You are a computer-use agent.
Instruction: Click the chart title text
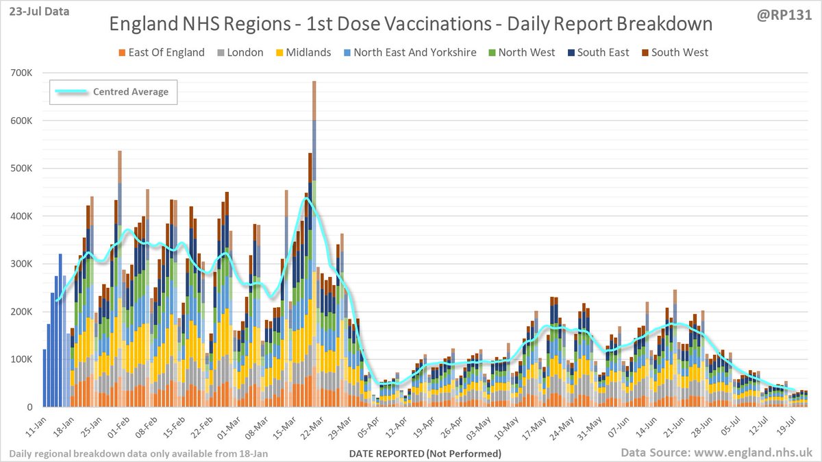pos(411,24)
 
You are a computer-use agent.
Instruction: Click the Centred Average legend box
pos(114,92)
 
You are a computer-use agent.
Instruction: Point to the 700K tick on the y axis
pos(24,73)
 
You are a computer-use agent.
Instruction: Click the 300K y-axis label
pos(24,264)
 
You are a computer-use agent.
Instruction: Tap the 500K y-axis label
pos(24,169)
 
